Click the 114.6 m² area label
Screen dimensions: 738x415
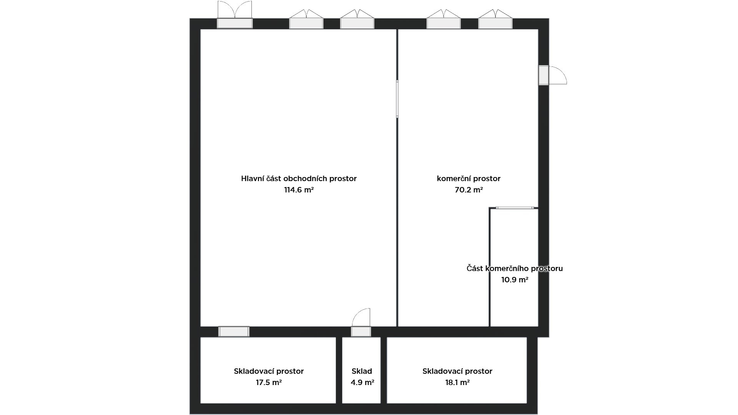(x=299, y=190)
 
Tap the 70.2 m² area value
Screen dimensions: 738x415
(x=469, y=190)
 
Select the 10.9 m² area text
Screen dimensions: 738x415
(x=515, y=280)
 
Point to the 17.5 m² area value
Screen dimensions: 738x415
(x=269, y=383)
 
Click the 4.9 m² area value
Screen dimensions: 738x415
(x=362, y=383)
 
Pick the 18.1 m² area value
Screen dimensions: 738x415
(x=457, y=383)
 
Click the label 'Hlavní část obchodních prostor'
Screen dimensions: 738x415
(x=299, y=179)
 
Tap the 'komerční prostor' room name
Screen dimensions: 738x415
(x=469, y=179)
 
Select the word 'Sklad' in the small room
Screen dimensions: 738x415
(x=362, y=371)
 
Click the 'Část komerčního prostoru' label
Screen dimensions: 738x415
(x=515, y=269)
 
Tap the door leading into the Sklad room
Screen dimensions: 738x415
(x=361, y=323)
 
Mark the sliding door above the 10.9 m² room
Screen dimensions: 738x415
(x=515, y=208)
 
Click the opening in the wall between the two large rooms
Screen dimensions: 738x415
(x=397, y=98)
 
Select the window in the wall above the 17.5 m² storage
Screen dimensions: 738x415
(x=234, y=332)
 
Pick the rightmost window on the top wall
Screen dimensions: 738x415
(x=495, y=19)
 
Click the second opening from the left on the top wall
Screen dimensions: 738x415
(x=306, y=19)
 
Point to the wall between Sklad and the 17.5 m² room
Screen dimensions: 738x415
(x=339, y=370)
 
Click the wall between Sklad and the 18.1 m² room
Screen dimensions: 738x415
(x=384, y=370)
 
